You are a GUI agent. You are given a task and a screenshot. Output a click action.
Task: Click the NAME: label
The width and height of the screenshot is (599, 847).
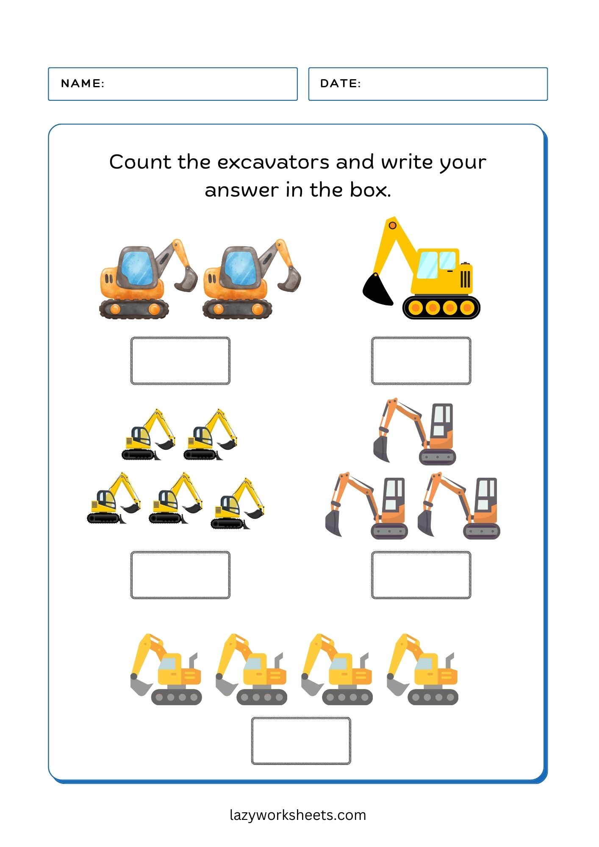click(x=83, y=83)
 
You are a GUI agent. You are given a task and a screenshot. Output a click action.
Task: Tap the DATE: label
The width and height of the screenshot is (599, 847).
click(x=340, y=83)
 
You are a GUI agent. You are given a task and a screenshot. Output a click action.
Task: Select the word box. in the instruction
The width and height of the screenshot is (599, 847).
click(x=370, y=190)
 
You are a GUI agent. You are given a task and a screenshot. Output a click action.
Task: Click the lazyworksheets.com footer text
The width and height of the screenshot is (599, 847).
click(x=298, y=815)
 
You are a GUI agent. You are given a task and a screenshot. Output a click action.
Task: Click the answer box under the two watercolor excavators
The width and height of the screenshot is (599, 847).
click(x=180, y=361)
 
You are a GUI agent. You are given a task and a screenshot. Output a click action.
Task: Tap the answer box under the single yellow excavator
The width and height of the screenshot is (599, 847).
click(x=421, y=361)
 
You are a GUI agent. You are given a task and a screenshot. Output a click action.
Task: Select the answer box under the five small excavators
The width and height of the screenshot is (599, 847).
click(x=180, y=575)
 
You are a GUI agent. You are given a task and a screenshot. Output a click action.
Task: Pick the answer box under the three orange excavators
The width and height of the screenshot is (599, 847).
click(x=421, y=575)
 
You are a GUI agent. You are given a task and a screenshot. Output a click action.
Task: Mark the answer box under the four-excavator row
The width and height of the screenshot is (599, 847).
click(x=301, y=741)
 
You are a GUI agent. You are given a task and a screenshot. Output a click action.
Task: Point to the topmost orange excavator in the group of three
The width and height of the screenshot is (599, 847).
click(x=414, y=431)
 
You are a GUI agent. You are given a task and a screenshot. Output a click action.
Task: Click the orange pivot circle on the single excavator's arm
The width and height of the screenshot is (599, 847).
click(x=393, y=225)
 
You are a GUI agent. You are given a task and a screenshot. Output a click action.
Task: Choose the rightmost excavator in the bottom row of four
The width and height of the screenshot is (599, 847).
click(x=422, y=670)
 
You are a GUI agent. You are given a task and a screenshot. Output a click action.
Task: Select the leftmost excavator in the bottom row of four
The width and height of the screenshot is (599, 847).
click(x=166, y=670)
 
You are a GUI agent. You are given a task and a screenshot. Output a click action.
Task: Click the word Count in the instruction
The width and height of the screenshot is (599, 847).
click(x=140, y=162)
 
